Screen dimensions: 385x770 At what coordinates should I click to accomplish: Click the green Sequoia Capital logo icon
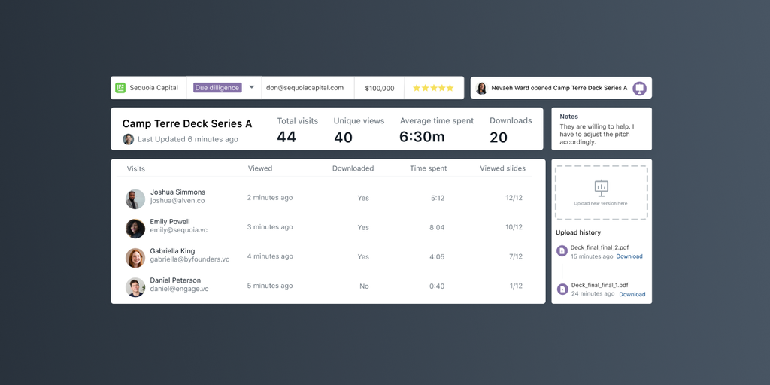point(120,88)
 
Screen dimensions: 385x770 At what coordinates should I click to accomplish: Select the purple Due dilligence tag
point(217,88)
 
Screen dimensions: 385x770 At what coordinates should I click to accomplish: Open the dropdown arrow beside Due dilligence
point(252,87)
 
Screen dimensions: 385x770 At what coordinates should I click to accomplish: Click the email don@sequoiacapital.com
point(305,88)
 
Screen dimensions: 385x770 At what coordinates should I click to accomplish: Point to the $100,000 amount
point(380,88)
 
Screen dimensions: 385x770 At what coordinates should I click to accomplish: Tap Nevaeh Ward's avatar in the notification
point(481,88)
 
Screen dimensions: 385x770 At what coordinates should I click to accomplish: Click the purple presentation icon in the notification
point(639,88)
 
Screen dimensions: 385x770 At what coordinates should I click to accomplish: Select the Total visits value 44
point(286,137)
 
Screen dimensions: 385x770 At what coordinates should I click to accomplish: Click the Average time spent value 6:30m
point(422,137)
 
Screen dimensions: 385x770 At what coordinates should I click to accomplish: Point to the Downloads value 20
point(499,137)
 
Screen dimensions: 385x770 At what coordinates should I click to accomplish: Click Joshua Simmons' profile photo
point(135,199)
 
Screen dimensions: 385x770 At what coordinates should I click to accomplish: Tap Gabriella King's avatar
point(135,258)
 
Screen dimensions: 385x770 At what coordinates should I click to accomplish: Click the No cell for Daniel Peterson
point(364,286)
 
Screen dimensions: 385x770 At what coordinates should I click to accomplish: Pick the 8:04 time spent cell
point(437,227)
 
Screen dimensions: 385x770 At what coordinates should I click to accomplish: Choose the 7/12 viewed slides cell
point(515,256)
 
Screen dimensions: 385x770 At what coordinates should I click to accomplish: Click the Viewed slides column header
point(502,168)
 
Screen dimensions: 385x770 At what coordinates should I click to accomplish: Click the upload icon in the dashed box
point(601,187)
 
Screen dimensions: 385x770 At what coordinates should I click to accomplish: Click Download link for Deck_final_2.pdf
point(629,256)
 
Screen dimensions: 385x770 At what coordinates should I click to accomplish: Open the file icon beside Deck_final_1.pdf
point(562,289)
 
